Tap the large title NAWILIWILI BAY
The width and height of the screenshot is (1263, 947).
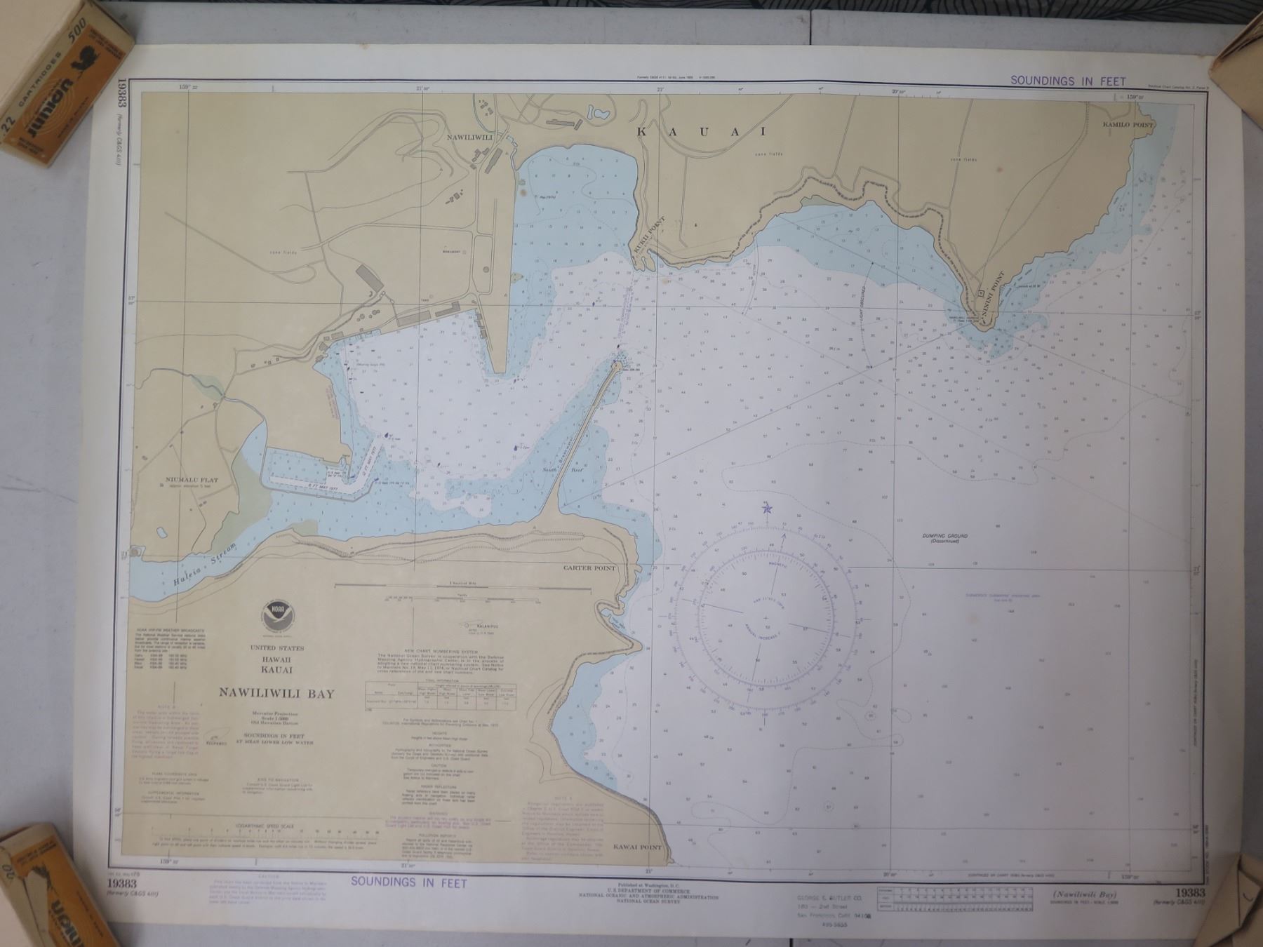click(x=276, y=693)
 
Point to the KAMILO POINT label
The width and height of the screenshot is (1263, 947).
click(x=1128, y=124)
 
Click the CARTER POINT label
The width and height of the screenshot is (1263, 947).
click(x=589, y=568)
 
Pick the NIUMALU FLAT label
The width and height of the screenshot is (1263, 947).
click(x=192, y=481)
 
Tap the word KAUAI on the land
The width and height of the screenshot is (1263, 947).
click(x=702, y=131)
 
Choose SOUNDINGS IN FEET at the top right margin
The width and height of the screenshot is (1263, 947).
click(x=1067, y=81)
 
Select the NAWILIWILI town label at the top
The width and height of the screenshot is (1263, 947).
click(x=471, y=137)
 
